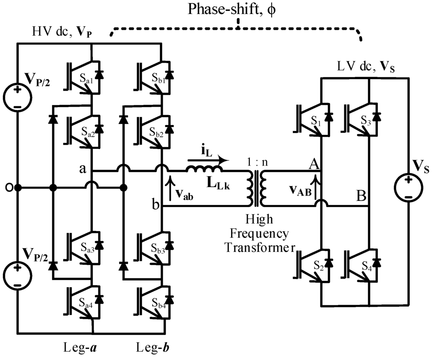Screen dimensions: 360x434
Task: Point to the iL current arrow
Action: [x=208, y=160]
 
